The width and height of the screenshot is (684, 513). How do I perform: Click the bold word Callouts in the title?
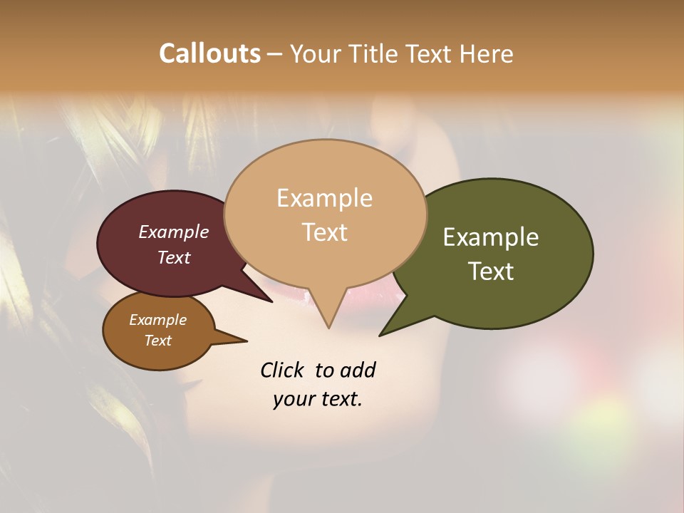click(209, 53)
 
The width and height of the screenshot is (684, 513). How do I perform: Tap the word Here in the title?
click(486, 53)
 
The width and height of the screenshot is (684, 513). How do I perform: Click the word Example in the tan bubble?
click(324, 198)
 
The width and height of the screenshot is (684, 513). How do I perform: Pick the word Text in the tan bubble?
click(324, 232)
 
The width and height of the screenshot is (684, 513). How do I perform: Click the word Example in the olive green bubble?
click(491, 237)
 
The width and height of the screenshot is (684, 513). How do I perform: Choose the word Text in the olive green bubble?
click(491, 271)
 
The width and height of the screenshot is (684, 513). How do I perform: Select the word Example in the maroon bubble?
click(174, 232)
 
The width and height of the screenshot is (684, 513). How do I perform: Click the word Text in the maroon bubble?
click(174, 258)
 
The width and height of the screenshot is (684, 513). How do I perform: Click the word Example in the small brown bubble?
click(157, 320)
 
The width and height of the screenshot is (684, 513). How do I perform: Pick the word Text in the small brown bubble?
click(157, 341)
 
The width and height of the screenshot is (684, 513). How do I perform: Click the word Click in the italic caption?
click(283, 370)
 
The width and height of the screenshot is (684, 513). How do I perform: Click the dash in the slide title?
click(275, 54)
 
